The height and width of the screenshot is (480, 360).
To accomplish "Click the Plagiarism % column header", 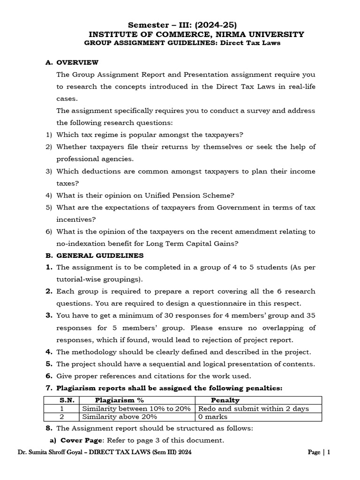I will (x=119, y=400).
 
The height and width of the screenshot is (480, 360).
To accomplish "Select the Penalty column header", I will (x=225, y=400).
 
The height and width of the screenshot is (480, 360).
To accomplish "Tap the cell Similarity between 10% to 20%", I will (x=136, y=408).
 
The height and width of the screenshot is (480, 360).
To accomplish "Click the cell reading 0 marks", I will (x=213, y=416).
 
